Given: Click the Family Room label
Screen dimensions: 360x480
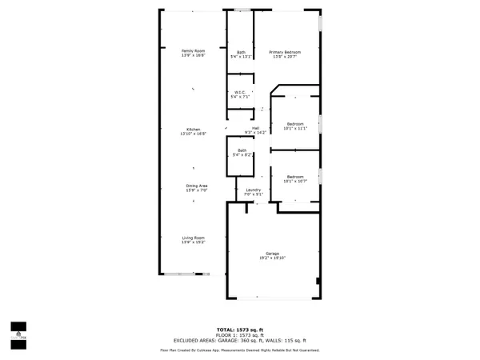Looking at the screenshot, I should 193,51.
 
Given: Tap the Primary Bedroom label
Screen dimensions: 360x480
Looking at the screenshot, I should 286,51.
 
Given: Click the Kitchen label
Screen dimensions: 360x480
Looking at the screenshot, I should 193,130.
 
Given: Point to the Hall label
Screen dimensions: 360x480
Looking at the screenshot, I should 256,128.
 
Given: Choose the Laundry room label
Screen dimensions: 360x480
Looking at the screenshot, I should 253,189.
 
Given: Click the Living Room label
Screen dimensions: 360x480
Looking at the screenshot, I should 193,238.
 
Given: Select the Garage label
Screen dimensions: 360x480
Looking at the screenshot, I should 272,253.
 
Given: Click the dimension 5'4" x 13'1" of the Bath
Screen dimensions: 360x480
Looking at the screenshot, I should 241,57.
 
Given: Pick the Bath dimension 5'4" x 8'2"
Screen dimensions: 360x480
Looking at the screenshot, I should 241,154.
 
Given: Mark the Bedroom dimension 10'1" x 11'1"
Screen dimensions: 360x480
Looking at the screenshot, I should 295,129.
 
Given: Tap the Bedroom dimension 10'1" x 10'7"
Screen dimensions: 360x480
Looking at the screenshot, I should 295,181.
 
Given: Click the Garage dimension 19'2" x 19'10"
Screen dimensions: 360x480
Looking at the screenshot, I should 272,258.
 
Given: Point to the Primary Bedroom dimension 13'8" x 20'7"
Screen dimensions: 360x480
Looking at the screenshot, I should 286,57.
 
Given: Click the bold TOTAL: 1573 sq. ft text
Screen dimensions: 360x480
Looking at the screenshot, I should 239,329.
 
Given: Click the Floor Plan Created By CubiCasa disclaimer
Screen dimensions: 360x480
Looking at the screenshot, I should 239,350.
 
